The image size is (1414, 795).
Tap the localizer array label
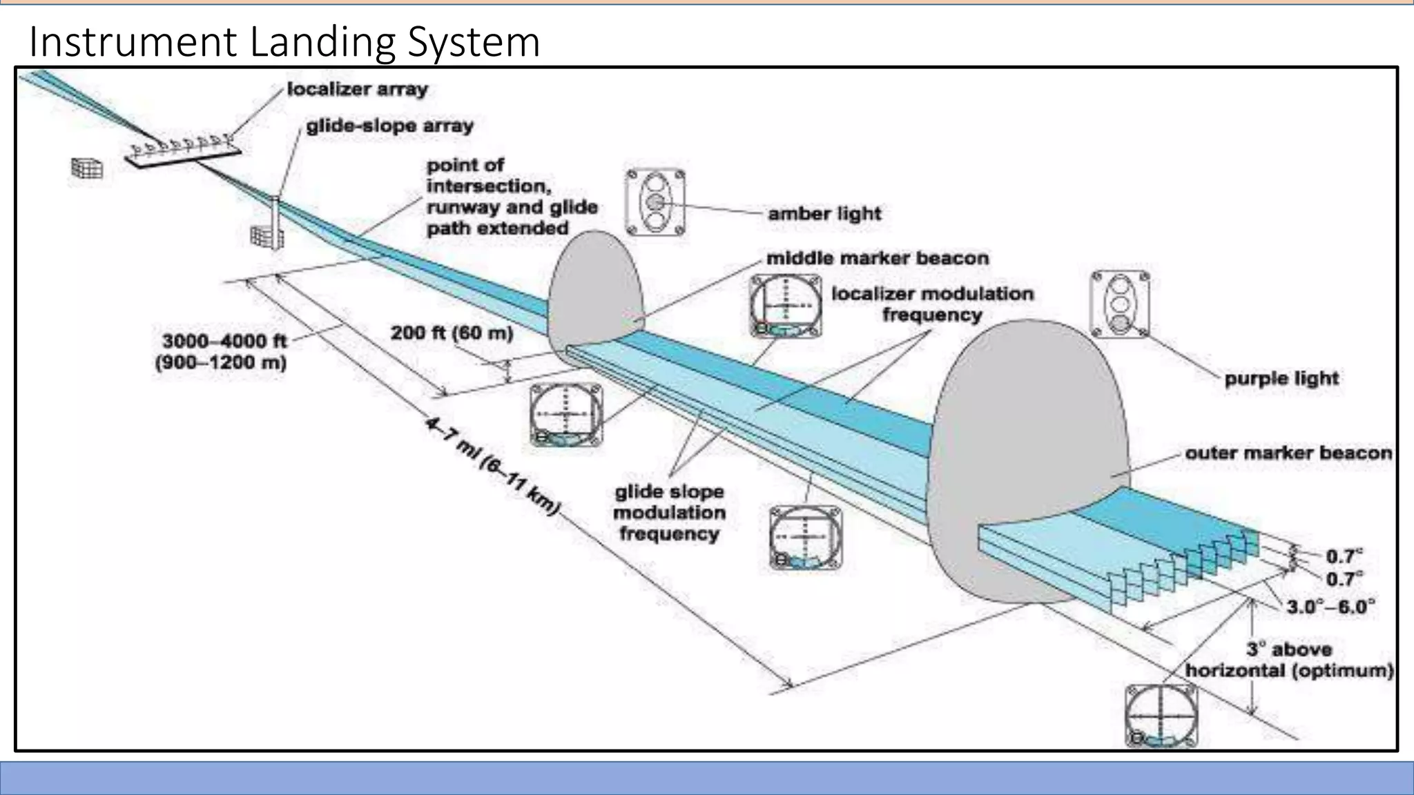[x=357, y=89]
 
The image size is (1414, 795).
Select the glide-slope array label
[x=389, y=126]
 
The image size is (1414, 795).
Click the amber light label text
[x=824, y=213]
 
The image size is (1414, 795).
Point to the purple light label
[x=1281, y=378]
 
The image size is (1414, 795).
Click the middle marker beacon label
[x=878, y=258]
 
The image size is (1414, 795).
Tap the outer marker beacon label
[x=1288, y=453]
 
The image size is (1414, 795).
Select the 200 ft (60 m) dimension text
[x=452, y=333]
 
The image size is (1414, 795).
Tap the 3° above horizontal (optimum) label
[x=1289, y=660]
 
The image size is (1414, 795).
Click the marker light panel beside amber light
[x=655, y=203]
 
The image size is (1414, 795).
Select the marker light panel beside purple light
[x=1120, y=304]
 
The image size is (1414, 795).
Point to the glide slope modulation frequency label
[x=669, y=513]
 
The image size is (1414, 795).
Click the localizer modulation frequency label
[x=932, y=304]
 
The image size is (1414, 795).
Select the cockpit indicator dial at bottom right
[x=1161, y=716]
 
